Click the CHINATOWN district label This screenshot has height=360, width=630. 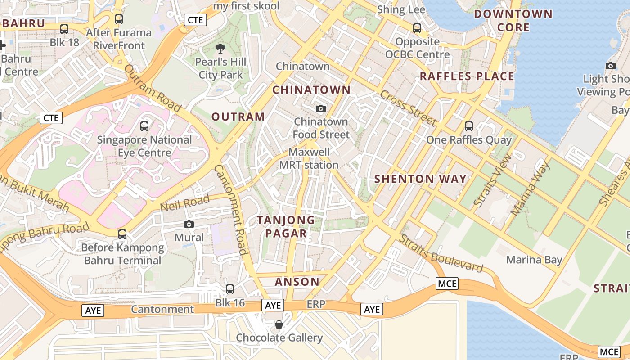pyautogui.click(x=311, y=90)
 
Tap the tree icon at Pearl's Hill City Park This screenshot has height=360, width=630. pyautogui.click(x=220, y=48)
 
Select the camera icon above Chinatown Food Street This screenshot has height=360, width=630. pyautogui.click(x=321, y=108)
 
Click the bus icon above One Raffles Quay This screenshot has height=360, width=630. pyautogui.click(x=469, y=126)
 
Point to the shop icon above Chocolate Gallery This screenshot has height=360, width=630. pyautogui.click(x=279, y=324)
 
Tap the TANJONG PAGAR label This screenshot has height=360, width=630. pyautogui.click(x=286, y=226)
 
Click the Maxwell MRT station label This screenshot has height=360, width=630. pyautogui.click(x=309, y=158)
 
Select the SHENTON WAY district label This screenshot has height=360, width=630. pyautogui.click(x=420, y=179)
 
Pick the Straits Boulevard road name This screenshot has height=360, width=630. pyautogui.click(x=441, y=254)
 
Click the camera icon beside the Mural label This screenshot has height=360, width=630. pyautogui.click(x=189, y=224)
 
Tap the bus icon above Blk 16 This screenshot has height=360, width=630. pyautogui.click(x=230, y=289)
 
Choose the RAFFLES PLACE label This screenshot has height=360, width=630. pyautogui.click(x=467, y=76)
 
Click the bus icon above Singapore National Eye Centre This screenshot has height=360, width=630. pyautogui.click(x=144, y=126)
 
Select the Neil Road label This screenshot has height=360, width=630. pyautogui.click(x=185, y=203)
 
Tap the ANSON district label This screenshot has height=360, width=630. pyautogui.click(x=297, y=282)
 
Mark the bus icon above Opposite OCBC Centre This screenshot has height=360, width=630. pyautogui.click(x=417, y=28)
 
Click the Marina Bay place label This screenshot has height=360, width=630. pyautogui.click(x=534, y=260)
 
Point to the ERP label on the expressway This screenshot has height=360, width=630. pyautogui.click(x=316, y=305)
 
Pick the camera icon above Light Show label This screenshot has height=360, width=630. pyautogui.click(x=611, y=66)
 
